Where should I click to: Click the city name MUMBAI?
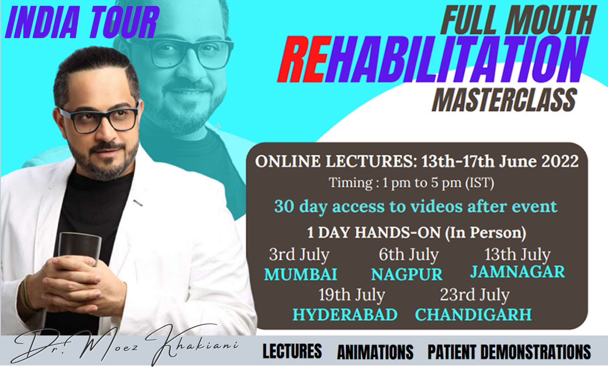301,274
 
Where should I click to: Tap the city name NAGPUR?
407,274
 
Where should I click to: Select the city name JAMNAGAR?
518,272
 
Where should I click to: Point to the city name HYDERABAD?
345,315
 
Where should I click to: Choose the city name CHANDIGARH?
473,315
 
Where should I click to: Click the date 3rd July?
299,256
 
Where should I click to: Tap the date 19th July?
352,295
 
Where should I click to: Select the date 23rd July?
475,295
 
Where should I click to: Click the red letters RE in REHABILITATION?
304,59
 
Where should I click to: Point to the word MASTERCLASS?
504,100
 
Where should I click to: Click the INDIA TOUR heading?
82,22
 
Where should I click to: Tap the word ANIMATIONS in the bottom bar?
375,352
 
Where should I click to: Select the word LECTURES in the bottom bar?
292,351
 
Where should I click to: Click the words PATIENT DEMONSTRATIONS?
509,352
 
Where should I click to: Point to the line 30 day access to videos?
416,207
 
